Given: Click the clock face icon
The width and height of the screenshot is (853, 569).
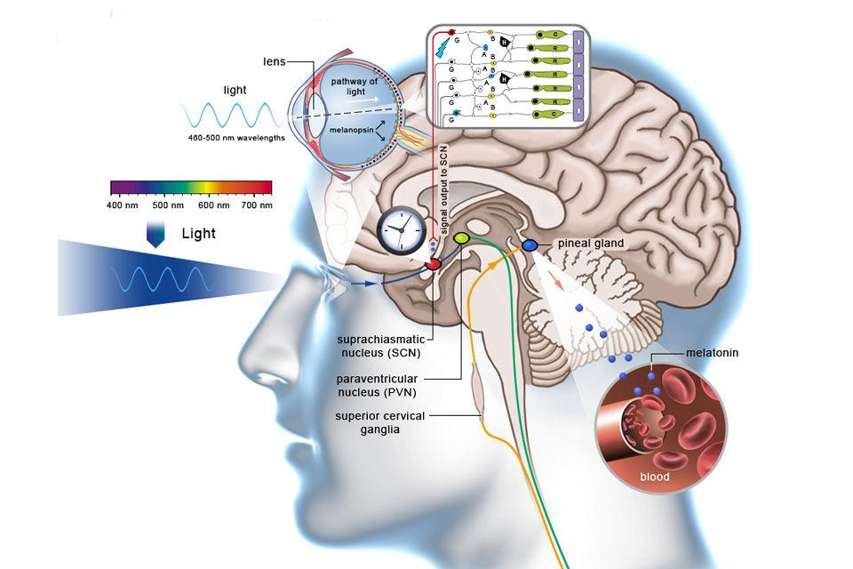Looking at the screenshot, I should tap(401, 231).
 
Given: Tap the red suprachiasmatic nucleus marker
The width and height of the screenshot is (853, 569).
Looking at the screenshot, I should tap(433, 263).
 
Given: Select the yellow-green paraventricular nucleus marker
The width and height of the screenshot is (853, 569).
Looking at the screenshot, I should tap(461, 238).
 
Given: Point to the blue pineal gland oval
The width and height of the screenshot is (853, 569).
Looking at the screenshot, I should tap(530, 244).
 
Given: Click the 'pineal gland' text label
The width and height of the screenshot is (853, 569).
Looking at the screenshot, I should tap(593, 244).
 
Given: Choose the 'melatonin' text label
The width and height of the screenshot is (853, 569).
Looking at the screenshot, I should tap(712, 353).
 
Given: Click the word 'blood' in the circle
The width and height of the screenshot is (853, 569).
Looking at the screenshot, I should tap(654, 477).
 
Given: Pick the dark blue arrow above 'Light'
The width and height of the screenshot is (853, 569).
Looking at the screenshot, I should tap(156, 233).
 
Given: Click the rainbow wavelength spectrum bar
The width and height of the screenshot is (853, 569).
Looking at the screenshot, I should tap(190, 187).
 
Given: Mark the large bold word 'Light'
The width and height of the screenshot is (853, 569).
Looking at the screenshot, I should tap(198, 234).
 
